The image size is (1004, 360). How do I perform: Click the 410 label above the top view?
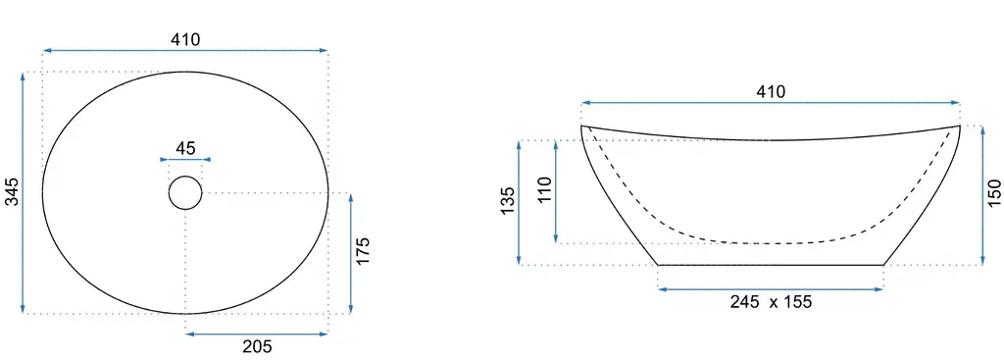[185, 39]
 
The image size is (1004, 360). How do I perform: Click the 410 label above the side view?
[771, 92]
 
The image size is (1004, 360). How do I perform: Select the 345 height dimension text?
[12, 192]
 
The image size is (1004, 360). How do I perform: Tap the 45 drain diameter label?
[185, 149]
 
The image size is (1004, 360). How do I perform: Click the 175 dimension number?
[363, 252]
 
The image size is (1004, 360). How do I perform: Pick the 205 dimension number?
[257, 346]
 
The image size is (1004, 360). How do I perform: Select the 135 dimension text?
[508, 201]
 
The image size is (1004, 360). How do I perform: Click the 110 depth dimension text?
[545, 190]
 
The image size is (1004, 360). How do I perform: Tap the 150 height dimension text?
[994, 193]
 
